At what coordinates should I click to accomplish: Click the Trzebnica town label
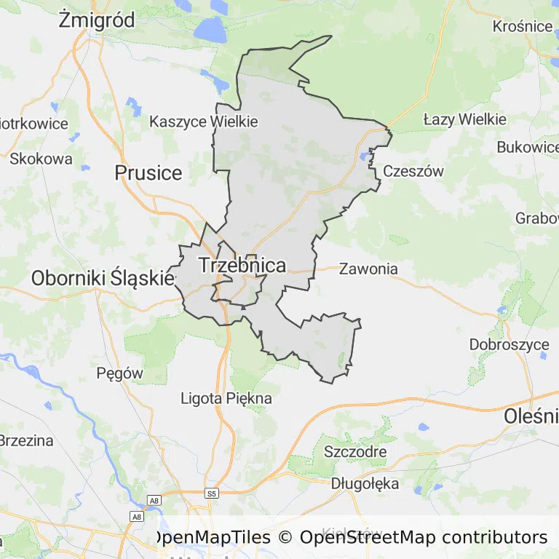(242, 266)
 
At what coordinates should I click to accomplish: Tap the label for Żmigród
(97, 20)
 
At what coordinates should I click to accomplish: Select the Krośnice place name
(523, 26)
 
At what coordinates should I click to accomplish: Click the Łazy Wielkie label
(464, 119)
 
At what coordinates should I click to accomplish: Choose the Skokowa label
(41, 158)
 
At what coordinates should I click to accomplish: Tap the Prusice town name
(148, 173)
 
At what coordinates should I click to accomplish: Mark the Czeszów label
(413, 172)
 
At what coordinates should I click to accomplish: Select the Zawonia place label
(369, 269)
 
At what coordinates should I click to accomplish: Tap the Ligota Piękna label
(226, 398)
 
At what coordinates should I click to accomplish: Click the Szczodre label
(356, 451)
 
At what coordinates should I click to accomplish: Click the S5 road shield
(212, 493)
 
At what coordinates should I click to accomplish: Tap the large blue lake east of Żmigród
(210, 31)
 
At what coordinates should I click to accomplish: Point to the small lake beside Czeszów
(364, 156)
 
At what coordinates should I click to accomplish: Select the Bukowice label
(527, 147)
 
